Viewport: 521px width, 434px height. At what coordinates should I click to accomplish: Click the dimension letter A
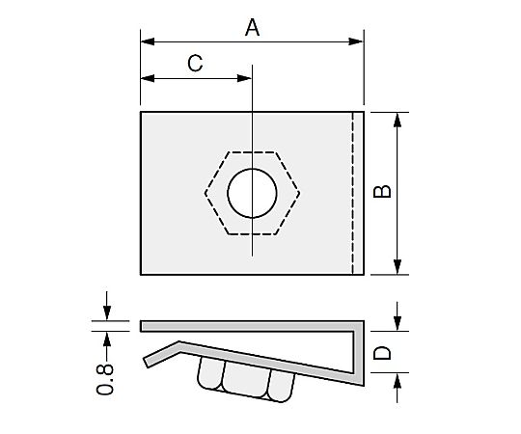click(252, 28)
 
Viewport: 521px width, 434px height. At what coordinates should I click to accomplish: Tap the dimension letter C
click(195, 63)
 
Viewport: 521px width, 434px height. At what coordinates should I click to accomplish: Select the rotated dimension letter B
click(382, 191)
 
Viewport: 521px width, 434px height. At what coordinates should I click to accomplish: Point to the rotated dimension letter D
click(382, 353)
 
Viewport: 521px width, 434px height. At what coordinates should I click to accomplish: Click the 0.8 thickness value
click(105, 379)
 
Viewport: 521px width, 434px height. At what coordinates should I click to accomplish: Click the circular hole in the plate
click(252, 193)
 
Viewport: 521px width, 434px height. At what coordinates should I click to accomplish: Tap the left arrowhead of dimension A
click(148, 41)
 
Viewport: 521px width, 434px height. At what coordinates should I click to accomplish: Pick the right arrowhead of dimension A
click(356, 41)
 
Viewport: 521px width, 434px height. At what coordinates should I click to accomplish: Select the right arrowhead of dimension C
click(244, 79)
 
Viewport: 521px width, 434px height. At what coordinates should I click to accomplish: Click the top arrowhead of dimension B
click(398, 120)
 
